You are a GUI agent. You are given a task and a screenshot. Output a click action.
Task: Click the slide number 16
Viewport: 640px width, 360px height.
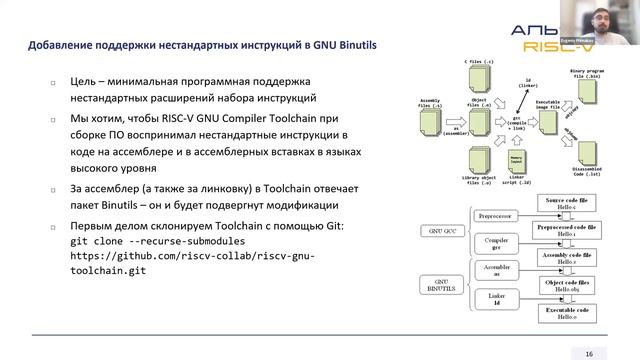click(x=589, y=352)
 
